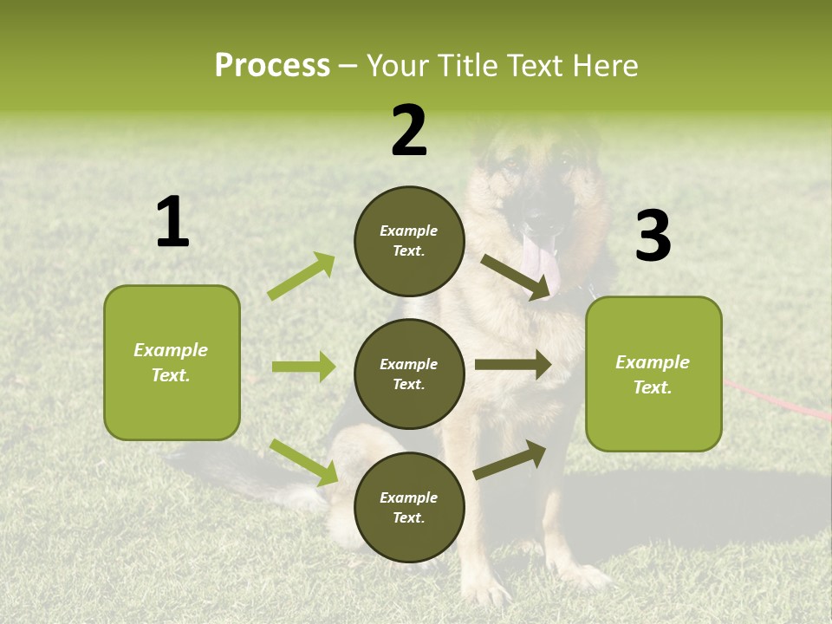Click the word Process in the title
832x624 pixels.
tap(272, 66)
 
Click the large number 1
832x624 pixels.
tap(172, 224)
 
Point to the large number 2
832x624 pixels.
tap(409, 131)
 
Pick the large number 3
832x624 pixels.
tap(653, 237)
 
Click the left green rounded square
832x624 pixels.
tap(172, 362)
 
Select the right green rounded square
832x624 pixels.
tap(653, 374)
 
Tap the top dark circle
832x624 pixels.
tap(409, 241)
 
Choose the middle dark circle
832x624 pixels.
tap(409, 374)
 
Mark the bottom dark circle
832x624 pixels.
tap(409, 507)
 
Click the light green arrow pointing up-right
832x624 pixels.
tap(302, 276)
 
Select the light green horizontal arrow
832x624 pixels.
tap(303, 367)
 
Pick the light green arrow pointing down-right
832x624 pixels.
tap(303, 462)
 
